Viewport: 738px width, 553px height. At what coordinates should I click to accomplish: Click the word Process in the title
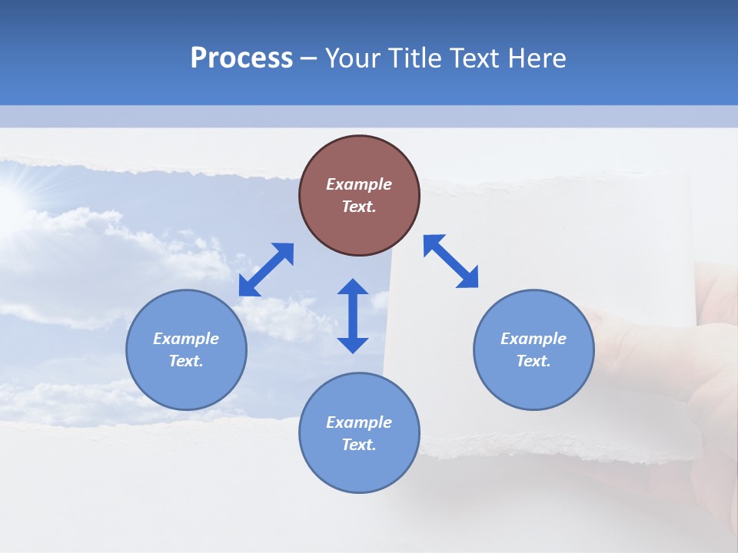pos(241,58)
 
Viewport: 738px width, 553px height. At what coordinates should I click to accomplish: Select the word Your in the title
pos(356,58)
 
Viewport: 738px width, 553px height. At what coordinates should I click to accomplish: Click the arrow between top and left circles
pos(266,270)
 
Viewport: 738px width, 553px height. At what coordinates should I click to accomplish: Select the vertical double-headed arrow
pos(353,316)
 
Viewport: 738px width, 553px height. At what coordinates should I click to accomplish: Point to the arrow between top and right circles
pos(451,261)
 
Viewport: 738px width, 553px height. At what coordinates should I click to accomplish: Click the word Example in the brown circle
pos(359,184)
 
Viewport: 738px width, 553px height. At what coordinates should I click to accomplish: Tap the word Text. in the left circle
pos(186,361)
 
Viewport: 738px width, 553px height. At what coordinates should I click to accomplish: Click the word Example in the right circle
pos(534,339)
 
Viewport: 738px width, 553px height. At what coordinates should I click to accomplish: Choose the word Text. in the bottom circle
pos(359,445)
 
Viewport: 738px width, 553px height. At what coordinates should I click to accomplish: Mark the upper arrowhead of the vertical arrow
pos(353,287)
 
